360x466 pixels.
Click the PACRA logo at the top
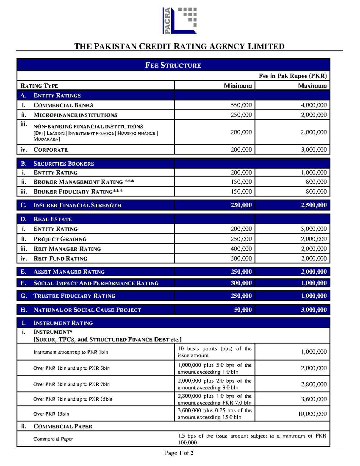(179, 21)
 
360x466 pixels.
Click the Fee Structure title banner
(173, 65)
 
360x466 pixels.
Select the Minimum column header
(238, 86)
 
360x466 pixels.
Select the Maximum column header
(312, 86)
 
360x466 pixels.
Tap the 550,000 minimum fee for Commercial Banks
(241, 105)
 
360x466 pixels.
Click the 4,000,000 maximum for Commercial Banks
(313, 105)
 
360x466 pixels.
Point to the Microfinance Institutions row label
(75, 115)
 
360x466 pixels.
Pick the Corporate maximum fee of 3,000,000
(313, 149)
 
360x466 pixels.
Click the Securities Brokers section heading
(64, 164)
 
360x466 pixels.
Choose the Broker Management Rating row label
(84, 182)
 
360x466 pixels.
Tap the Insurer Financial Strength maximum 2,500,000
(313, 205)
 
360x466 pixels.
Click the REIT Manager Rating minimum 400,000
(241, 249)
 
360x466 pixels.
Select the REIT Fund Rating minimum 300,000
(241, 258)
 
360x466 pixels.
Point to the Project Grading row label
(60, 239)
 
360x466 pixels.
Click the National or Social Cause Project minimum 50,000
(243, 310)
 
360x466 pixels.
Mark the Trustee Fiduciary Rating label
(74, 296)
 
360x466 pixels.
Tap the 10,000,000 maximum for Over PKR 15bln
(312, 414)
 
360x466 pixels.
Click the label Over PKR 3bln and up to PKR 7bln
(71, 384)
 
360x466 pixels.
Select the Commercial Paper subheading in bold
(63, 426)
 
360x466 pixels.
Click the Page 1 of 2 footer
(179, 453)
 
